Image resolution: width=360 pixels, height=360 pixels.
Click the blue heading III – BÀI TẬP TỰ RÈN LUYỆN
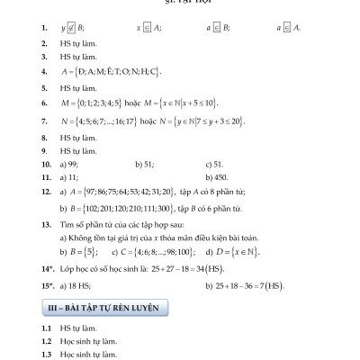click(x=103, y=308)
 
